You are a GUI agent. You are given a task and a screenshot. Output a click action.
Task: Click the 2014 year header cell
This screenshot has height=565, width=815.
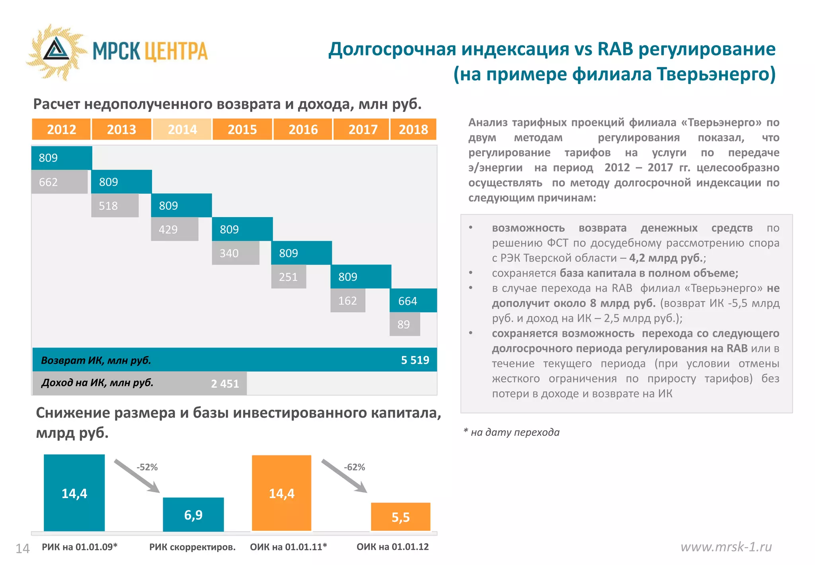pos(182,129)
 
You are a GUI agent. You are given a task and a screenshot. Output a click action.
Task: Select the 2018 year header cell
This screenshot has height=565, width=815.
pos(413,129)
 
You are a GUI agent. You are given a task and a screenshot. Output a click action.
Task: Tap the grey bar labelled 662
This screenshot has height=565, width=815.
pos(59,182)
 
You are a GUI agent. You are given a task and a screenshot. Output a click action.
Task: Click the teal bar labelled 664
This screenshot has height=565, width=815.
pos(413,301)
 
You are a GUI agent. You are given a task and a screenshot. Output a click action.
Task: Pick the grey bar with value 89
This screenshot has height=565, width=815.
pos(404,324)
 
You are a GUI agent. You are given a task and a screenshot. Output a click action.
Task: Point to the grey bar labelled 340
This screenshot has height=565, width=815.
pos(235,253)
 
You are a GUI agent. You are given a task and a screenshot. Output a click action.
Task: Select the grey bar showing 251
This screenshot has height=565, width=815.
pos(289,277)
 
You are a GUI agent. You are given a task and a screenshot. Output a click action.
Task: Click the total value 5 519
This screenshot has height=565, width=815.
pos(415,360)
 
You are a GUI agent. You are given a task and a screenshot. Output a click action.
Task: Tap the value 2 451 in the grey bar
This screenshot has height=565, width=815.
pos(225,384)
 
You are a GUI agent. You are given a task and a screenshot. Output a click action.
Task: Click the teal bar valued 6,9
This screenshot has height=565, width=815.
pos(193,515)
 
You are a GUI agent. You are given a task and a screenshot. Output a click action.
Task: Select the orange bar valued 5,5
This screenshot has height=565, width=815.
pos(400,517)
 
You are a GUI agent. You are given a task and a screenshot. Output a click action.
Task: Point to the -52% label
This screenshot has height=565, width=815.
pos(147,467)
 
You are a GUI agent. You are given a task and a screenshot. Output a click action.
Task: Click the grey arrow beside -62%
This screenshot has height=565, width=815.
pos(344,477)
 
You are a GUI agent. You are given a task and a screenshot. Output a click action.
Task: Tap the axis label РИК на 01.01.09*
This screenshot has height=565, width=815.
pos(80,547)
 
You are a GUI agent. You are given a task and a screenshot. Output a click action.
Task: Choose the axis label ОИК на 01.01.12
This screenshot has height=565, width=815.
pos(392,547)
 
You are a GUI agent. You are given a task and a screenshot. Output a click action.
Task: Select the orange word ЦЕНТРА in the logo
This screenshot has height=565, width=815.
pos(175,51)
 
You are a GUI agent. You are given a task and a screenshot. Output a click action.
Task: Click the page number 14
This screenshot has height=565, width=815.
pos(22,549)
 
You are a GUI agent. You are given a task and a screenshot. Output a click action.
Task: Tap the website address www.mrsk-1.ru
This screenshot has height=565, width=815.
pos(726,547)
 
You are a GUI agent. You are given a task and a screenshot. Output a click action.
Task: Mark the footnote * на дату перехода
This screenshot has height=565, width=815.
pos(512,432)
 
